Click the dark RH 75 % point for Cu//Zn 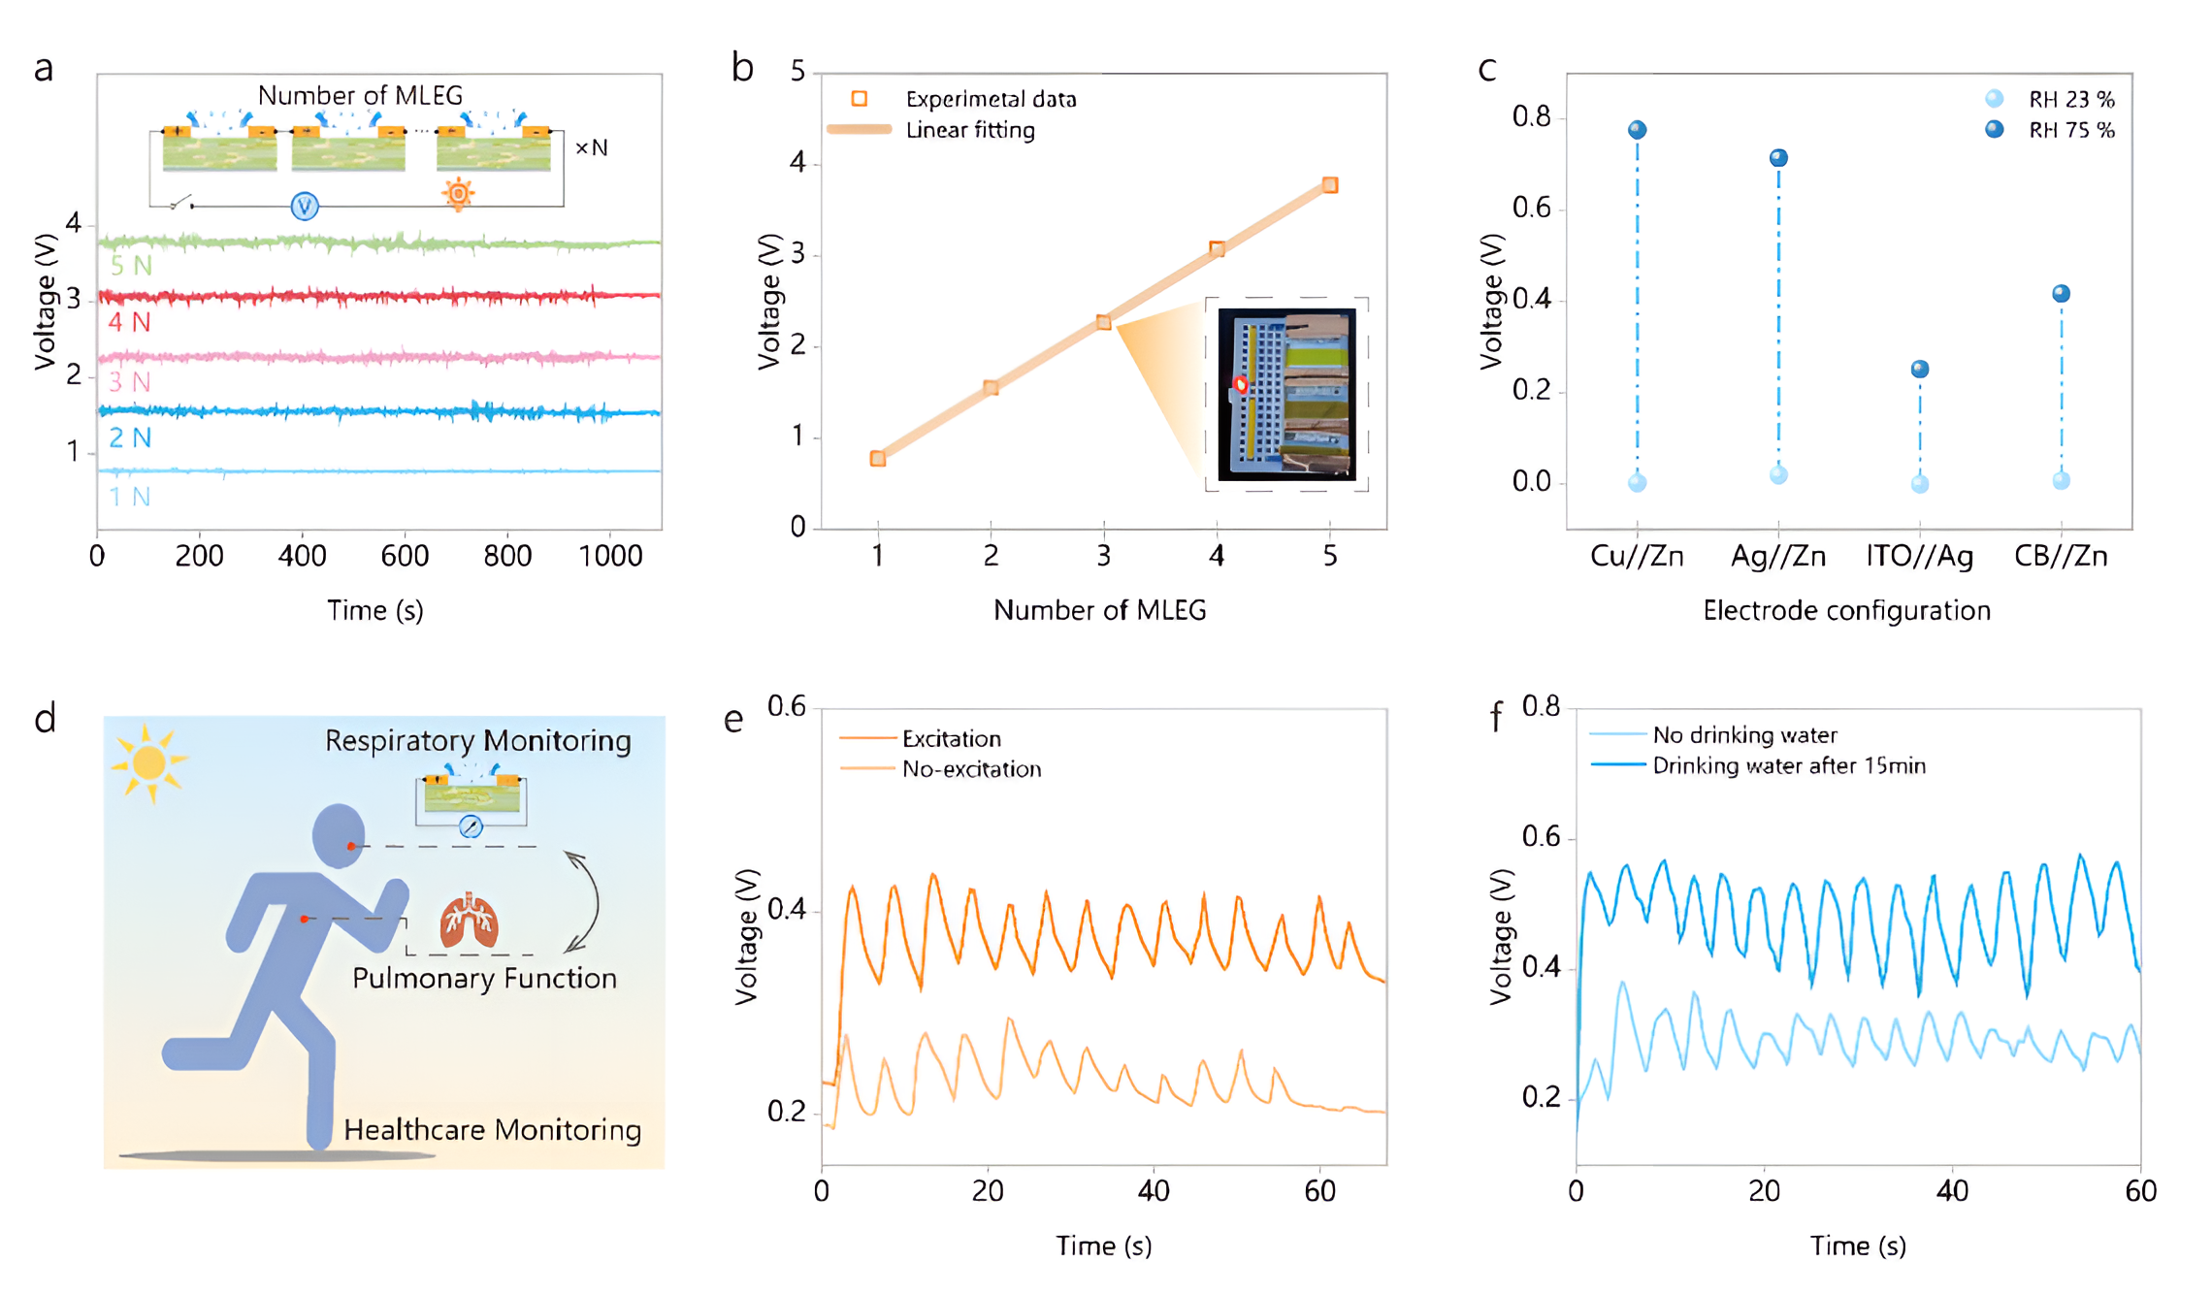coord(1637,130)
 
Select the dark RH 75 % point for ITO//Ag coord(1919,370)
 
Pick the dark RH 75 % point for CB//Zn coord(2061,294)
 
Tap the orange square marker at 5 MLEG coord(1330,185)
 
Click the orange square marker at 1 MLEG coord(878,459)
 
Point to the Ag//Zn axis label coord(1777,556)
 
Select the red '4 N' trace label coord(129,322)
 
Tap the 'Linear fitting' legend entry coord(969,130)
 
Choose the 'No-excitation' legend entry coord(970,769)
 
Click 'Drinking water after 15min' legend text coord(1788,765)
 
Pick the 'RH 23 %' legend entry coord(2070,99)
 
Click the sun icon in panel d coord(148,762)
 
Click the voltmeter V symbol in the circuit coord(305,206)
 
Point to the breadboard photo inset coord(1286,394)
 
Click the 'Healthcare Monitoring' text coord(492,1130)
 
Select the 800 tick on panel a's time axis coord(507,556)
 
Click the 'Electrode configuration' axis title coord(1846,610)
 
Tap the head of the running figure coord(338,834)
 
